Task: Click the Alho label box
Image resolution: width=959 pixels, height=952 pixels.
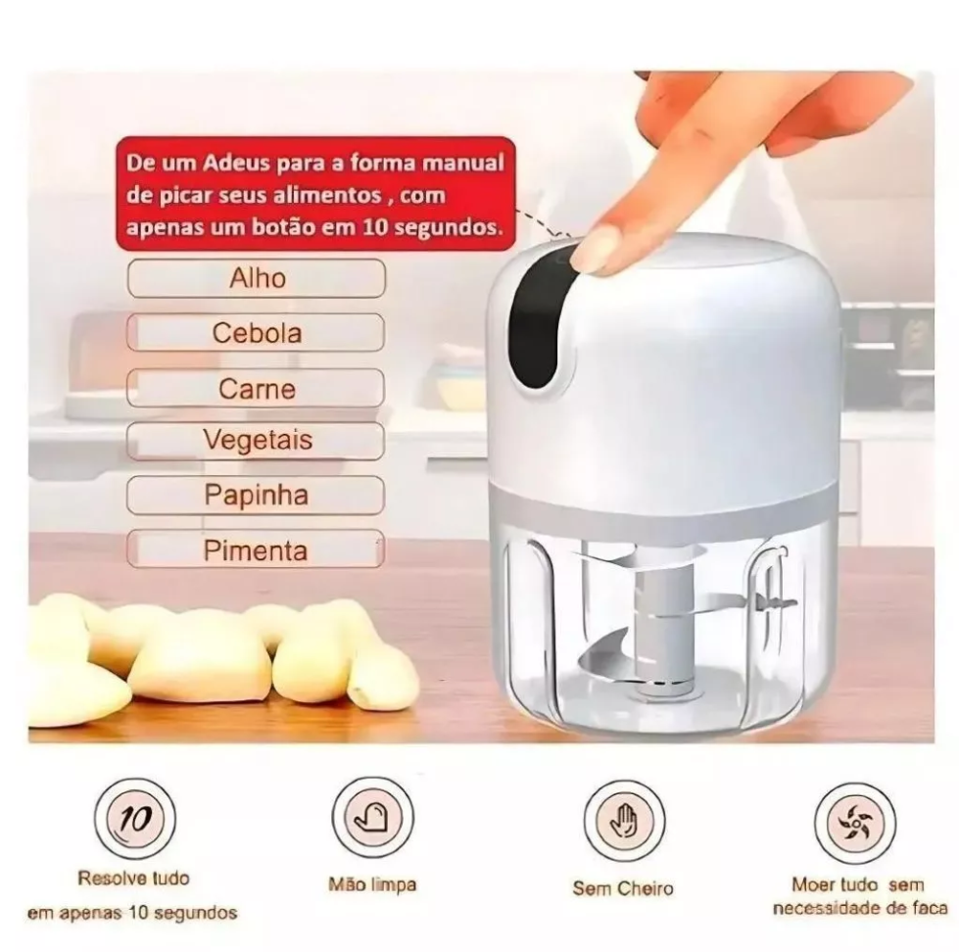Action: tap(257, 278)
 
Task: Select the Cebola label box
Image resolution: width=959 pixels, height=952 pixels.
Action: tap(257, 333)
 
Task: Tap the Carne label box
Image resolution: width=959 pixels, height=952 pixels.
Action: tap(257, 388)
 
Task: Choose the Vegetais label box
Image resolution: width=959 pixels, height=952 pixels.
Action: tap(257, 441)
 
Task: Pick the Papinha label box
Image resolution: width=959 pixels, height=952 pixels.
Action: tap(257, 495)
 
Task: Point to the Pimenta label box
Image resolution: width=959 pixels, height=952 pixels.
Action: tap(257, 549)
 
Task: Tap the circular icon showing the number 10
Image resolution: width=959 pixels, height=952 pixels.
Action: tap(135, 819)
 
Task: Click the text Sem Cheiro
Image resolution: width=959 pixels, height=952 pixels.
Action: tap(623, 888)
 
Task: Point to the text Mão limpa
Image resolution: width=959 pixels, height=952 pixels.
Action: tap(372, 884)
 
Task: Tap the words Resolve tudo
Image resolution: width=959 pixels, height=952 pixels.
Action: tap(134, 878)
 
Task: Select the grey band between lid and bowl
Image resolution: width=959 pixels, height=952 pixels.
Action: tap(663, 500)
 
